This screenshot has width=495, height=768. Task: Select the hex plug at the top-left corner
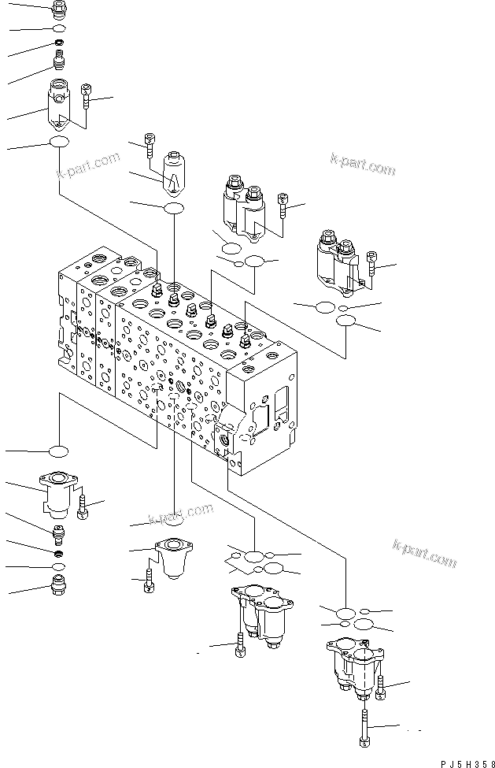point(60,9)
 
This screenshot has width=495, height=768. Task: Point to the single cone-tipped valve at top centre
point(172,173)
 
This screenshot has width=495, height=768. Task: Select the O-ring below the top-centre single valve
point(173,208)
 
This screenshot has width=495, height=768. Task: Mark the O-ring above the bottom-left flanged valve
point(58,451)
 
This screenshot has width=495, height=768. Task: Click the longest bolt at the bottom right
point(365,725)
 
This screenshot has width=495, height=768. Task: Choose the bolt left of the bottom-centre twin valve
point(238,646)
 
